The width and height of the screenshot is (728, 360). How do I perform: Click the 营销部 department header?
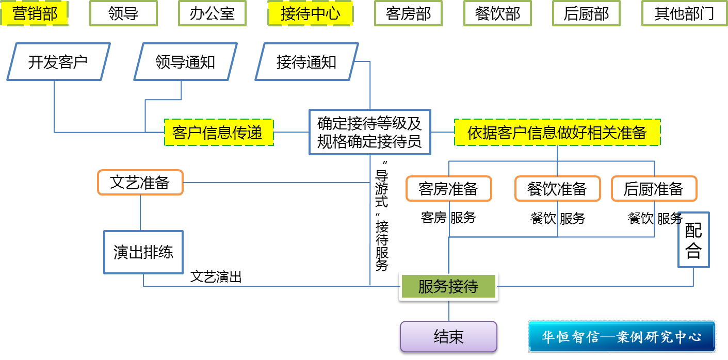[35, 13]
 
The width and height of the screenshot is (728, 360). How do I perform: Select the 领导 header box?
[124, 13]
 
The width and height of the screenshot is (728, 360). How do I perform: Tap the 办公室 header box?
[212, 13]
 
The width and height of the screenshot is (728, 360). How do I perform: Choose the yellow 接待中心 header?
[310, 13]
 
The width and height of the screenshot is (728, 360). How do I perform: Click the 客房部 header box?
[409, 13]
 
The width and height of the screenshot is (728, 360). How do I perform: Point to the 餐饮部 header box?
[497, 13]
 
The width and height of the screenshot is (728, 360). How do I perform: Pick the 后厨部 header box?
[586, 13]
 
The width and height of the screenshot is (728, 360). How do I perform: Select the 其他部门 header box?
[684, 13]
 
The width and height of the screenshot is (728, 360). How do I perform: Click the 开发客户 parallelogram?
[58, 62]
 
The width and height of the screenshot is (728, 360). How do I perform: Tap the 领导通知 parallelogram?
[185, 62]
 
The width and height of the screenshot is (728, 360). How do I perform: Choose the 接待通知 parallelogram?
[306, 62]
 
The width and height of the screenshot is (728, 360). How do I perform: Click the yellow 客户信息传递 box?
[218, 133]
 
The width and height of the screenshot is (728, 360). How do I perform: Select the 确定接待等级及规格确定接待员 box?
[369, 132]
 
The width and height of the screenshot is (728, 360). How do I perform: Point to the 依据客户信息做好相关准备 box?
[557, 133]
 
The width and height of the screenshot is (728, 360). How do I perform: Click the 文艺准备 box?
[140, 182]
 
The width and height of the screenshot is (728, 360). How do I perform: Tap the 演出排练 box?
[143, 252]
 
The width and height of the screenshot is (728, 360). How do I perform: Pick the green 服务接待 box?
[448, 287]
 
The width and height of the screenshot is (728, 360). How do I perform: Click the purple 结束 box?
[448, 337]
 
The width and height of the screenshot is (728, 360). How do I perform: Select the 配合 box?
[693, 240]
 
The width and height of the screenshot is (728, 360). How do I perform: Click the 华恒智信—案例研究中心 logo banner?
[622, 337]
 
